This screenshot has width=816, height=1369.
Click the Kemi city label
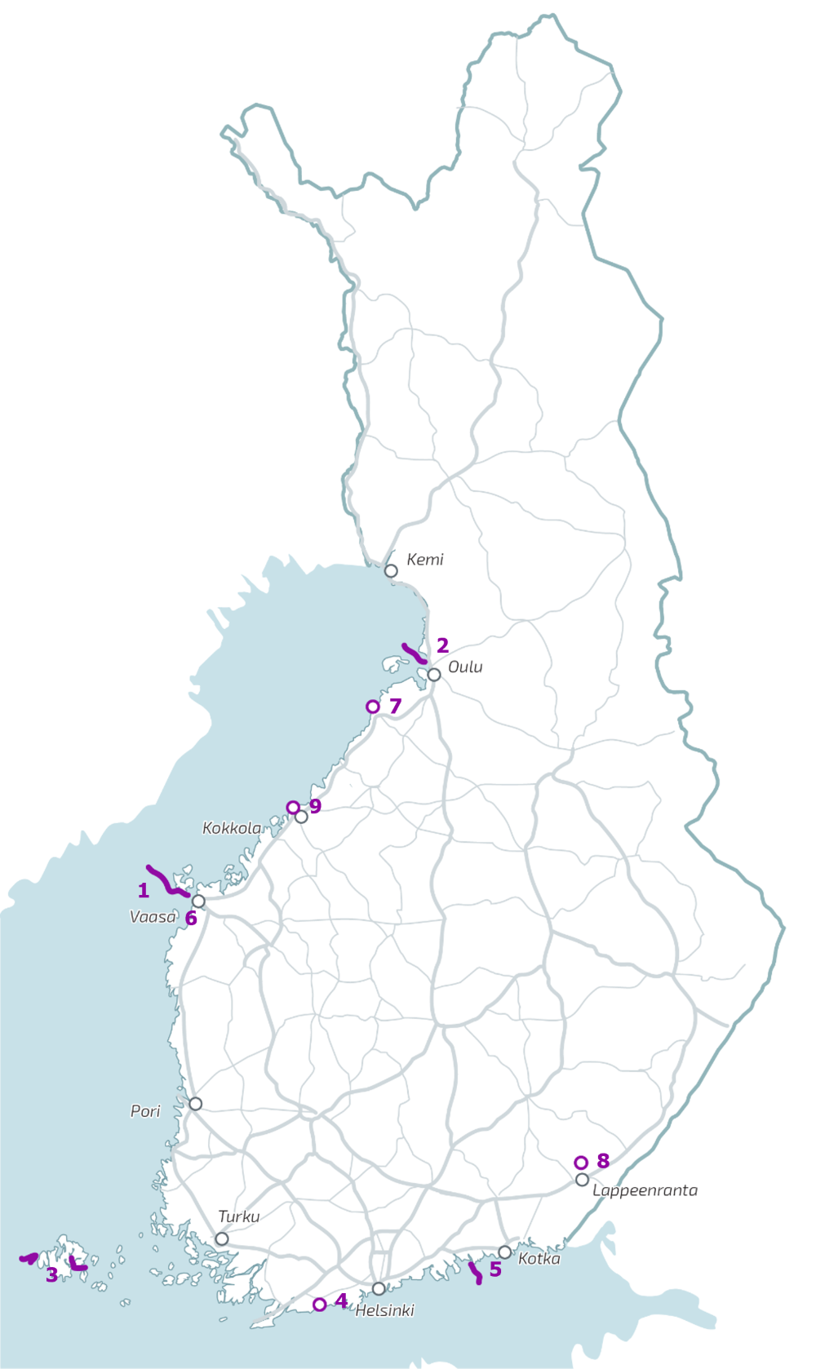pyautogui.click(x=425, y=560)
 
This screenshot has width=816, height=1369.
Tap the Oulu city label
pyautogui.click(x=465, y=667)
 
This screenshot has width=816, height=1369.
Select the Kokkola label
pyautogui.click(x=232, y=829)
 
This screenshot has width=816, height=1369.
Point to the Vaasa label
pyautogui.click(x=153, y=917)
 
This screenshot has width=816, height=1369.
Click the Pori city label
pyautogui.click(x=145, y=1111)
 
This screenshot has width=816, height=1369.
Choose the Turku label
pyautogui.click(x=239, y=1216)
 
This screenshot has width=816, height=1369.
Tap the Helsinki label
pyautogui.click(x=384, y=1311)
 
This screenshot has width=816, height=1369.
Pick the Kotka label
pyautogui.click(x=539, y=1259)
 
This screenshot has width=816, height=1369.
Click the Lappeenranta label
pyautogui.click(x=645, y=1190)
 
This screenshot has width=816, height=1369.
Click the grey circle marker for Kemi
pyautogui.click(x=391, y=571)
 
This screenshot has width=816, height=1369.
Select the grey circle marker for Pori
pyautogui.click(x=195, y=1104)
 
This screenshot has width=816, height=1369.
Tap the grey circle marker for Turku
pyautogui.click(x=221, y=1239)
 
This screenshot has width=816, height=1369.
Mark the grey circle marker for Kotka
pyautogui.click(x=505, y=1252)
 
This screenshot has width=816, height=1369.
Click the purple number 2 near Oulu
pyautogui.click(x=442, y=645)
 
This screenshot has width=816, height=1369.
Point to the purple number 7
pyautogui.click(x=396, y=706)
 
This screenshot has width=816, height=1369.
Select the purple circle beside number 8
pyautogui.click(x=581, y=1163)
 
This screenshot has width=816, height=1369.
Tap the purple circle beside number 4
pyautogui.click(x=320, y=1305)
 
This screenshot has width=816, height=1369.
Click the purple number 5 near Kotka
pyautogui.click(x=495, y=1269)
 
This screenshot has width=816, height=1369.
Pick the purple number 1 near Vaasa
pyautogui.click(x=144, y=890)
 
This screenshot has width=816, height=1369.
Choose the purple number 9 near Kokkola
pyautogui.click(x=315, y=806)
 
